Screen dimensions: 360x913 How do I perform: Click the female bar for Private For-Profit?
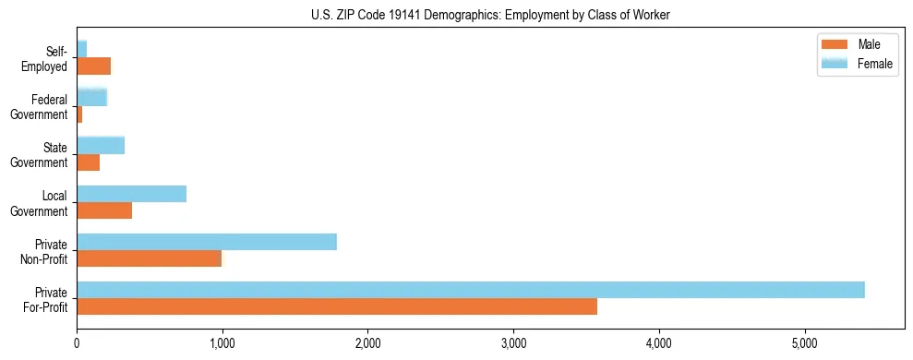pos(471,290)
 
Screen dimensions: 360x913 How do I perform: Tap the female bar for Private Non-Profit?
pos(207,242)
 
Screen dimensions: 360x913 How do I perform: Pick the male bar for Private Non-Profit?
pos(150,258)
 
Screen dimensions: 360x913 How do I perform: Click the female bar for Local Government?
pos(132,194)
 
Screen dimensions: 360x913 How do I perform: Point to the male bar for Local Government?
pos(104,210)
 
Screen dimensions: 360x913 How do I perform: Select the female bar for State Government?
pos(101,145)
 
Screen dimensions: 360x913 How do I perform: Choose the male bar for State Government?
pos(89,162)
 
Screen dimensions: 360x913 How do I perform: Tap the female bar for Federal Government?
pos(92,97)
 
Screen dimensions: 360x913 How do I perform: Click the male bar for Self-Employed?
pos(94,66)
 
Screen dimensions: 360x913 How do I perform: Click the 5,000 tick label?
pos(804,344)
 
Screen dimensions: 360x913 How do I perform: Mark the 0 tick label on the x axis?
pos(77,344)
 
